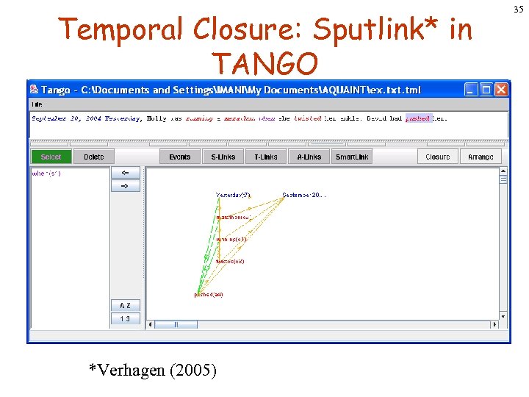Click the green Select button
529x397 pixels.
click(51, 157)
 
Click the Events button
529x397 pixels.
click(179, 157)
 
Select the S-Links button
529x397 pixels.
click(223, 157)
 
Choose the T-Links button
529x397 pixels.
click(266, 157)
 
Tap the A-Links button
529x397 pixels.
click(309, 157)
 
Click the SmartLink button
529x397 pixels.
click(353, 157)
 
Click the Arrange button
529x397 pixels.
click(481, 157)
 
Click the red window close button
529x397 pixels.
click(500, 90)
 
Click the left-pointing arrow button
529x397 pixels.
click(125, 173)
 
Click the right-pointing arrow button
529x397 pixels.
click(125, 186)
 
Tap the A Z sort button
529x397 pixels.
click(125, 305)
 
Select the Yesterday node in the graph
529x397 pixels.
click(233, 196)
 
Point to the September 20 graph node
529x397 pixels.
click(303, 196)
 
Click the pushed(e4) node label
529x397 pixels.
click(208, 295)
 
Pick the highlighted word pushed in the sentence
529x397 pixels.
click(418, 118)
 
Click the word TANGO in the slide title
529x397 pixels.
click(264, 65)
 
